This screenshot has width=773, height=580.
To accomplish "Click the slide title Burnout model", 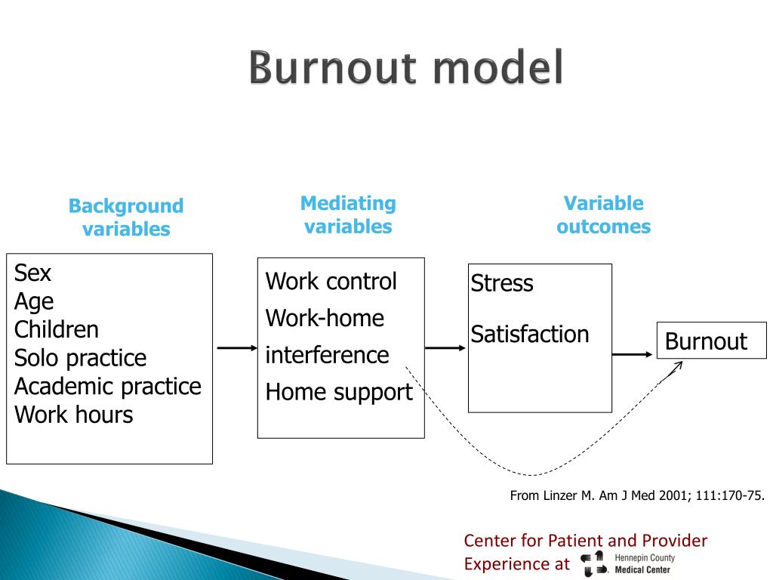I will tap(406, 69).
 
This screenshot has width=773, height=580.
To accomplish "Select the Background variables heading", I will tap(126, 217).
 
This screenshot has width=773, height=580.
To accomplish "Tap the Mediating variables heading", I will tap(348, 215).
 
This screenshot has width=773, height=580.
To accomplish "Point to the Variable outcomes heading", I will tap(603, 215).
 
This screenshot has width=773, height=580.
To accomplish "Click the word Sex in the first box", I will tap(32, 273).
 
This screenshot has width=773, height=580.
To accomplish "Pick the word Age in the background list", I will tap(34, 301).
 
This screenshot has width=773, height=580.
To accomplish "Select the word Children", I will tap(57, 329).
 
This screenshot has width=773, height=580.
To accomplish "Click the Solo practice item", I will tap(80, 358).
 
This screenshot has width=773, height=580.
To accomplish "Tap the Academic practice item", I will tap(108, 387).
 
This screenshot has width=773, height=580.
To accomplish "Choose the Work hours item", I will tap(73, 415).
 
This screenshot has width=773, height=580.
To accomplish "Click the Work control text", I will tap(331, 282).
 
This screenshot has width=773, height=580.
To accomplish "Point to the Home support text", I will tap(339, 393).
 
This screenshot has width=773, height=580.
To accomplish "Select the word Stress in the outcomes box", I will tap(502, 284).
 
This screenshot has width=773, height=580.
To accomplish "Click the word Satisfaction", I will tap(530, 334).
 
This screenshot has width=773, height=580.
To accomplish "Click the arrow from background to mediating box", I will tap(237, 348).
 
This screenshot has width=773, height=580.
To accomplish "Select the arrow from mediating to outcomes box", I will tap(445, 348).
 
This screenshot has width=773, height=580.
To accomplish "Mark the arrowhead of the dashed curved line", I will tap(677, 366).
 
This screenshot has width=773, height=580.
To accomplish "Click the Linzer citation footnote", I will tap(637, 496).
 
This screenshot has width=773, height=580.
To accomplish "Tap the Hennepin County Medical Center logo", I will tap(626, 563).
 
